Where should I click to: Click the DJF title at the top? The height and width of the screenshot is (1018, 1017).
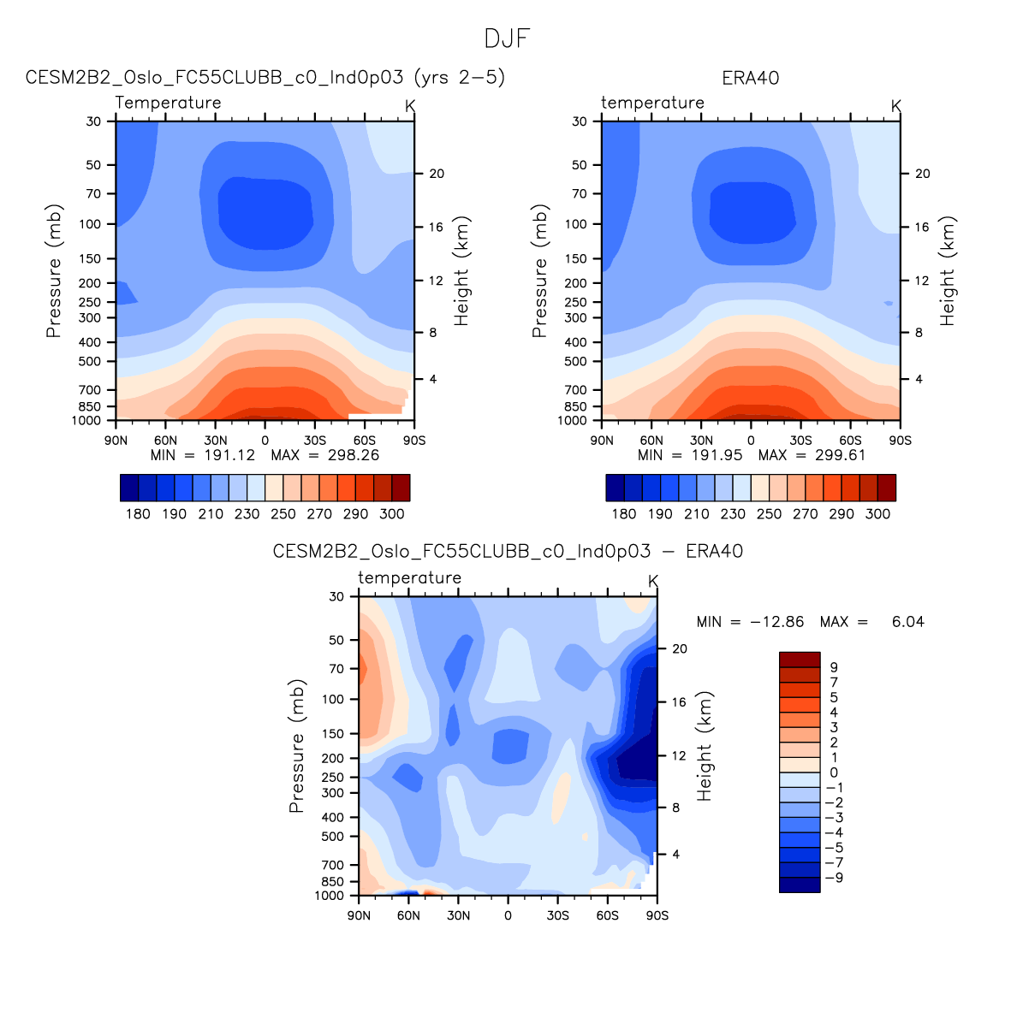(x=508, y=39)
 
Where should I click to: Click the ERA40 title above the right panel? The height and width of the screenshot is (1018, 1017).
(x=750, y=78)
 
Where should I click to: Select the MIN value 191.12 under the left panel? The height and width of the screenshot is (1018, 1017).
(x=229, y=455)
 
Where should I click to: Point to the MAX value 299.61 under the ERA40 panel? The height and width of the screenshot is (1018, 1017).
(x=840, y=455)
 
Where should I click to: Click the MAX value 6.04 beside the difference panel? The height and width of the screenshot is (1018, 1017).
(x=907, y=622)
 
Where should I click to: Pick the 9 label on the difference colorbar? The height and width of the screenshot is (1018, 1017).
(x=834, y=667)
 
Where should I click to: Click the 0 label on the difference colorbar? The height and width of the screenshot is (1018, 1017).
(x=834, y=772)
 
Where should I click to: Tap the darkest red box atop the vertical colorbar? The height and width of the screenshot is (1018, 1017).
(x=800, y=660)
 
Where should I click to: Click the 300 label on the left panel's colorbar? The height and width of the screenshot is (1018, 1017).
(x=392, y=514)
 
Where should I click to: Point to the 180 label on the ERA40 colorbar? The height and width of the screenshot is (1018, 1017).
(x=623, y=514)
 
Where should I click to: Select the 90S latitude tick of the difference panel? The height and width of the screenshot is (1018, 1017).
(x=657, y=915)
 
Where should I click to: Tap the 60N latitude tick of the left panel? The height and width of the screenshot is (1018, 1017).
(x=165, y=440)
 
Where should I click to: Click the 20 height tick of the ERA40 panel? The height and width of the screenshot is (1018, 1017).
(x=922, y=174)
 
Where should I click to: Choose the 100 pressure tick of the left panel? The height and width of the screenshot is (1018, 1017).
(x=92, y=224)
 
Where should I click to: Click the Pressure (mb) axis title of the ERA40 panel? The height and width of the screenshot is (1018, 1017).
(x=539, y=270)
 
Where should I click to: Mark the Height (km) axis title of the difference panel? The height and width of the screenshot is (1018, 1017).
(x=705, y=746)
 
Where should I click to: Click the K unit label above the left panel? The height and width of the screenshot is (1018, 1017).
(x=410, y=105)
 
